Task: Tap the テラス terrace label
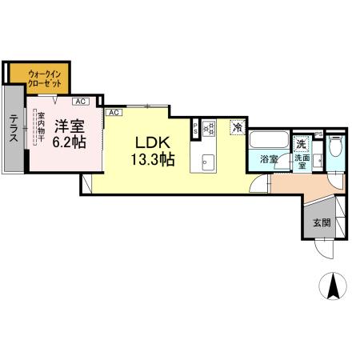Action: pyautogui.click(x=14, y=128)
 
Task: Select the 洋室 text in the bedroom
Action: pyautogui.click(x=69, y=126)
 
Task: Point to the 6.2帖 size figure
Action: pyautogui.click(x=70, y=142)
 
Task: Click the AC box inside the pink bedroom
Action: pyautogui.click(x=80, y=102)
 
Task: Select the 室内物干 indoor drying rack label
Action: pyautogui.click(x=40, y=130)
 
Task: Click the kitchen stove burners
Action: pyautogui.click(x=210, y=126)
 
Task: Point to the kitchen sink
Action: pyautogui.click(x=208, y=159)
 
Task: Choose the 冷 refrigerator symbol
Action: pyautogui.click(x=237, y=126)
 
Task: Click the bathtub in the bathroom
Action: pyautogui.click(x=266, y=141)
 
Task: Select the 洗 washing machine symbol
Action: pyautogui.click(x=302, y=143)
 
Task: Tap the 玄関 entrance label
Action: pyautogui.click(x=321, y=222)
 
